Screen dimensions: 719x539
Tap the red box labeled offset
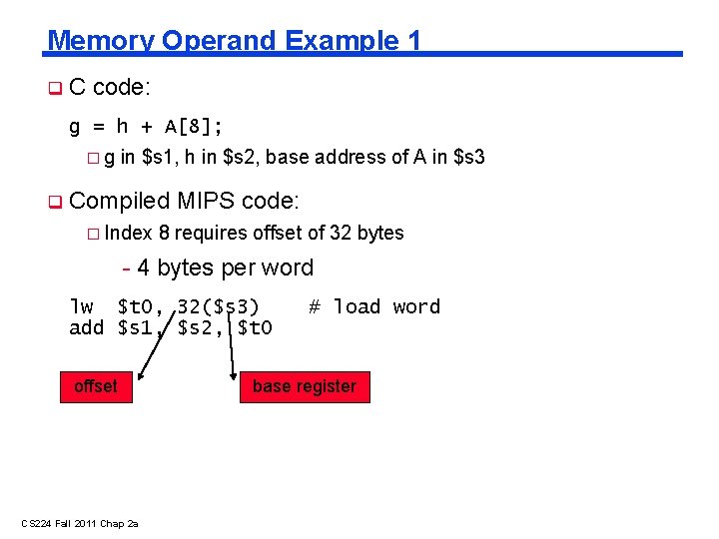[x=96, y=386]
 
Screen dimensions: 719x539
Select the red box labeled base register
[x=305, y=386]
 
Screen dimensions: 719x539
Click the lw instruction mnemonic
[x=81, y=306]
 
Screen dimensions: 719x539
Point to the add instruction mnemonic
[x=87, y=327]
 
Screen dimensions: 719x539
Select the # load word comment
[x=374, y=306]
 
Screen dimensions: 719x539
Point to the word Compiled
[x=120, y=201]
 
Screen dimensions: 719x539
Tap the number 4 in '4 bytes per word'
[x=144, y=268]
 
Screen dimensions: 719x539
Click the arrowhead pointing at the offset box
[x=142, y=376]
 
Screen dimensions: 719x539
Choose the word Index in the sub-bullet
[x=128, y=233]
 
